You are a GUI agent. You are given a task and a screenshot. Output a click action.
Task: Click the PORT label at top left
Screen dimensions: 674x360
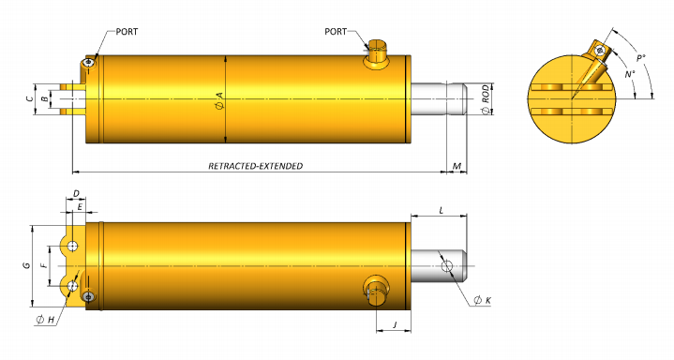[x=127, y=32]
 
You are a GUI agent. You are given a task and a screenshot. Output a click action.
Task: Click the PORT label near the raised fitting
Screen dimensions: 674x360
[x=336, y=31]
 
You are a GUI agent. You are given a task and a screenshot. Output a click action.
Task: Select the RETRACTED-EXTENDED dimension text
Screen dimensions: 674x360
[x=255, y=166]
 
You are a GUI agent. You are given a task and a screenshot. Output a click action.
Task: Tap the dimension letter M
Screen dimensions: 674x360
[x=457, y=166]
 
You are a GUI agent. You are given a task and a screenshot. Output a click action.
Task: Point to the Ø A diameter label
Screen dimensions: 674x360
[x=218, y=100]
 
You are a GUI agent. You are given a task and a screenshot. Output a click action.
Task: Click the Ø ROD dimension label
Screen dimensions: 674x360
[x=486, y=99]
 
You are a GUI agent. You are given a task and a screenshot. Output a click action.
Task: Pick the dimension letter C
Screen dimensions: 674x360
[x=29, y=99]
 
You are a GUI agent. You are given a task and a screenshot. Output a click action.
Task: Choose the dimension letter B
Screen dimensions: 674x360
[x=44, y=99]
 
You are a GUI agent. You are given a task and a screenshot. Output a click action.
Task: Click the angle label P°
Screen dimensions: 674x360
[x=641, y=58]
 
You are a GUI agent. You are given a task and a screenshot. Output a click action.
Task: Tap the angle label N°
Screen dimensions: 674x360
[x=630, y=74]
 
